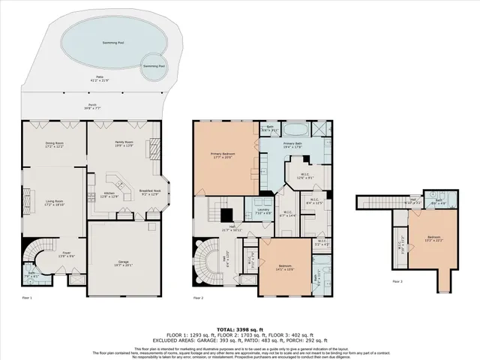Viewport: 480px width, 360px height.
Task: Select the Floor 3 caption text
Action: [397, 282]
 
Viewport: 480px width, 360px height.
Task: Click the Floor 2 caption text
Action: [199, 298]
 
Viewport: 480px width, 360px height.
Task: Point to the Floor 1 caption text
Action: [26, 298]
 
